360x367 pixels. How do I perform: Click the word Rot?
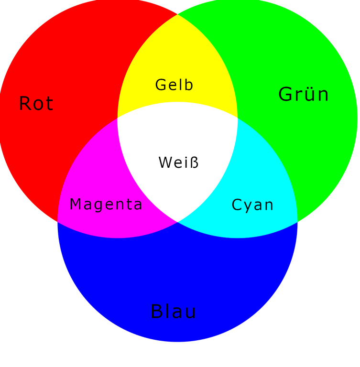click(36, 103)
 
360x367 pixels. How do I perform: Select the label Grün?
click(304, 94)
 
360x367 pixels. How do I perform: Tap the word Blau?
click(173, 312)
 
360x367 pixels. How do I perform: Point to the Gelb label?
click(175, 85)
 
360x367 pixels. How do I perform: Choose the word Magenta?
click(106, 205)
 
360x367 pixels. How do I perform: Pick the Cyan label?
click(252, 205)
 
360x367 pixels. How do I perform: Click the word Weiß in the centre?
click(178, 162)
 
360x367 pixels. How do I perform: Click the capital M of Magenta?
click(76, 205)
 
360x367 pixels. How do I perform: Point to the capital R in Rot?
click(25, 103)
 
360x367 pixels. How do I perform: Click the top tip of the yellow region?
click(178, 14)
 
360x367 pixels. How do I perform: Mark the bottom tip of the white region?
click(177, 222)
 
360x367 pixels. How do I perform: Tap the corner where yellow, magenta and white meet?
click(118, 118)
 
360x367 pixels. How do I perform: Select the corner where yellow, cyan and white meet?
click(238, 118)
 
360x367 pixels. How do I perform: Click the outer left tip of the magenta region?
click(57, 221)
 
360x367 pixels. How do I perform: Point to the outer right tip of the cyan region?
click(297, 221)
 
